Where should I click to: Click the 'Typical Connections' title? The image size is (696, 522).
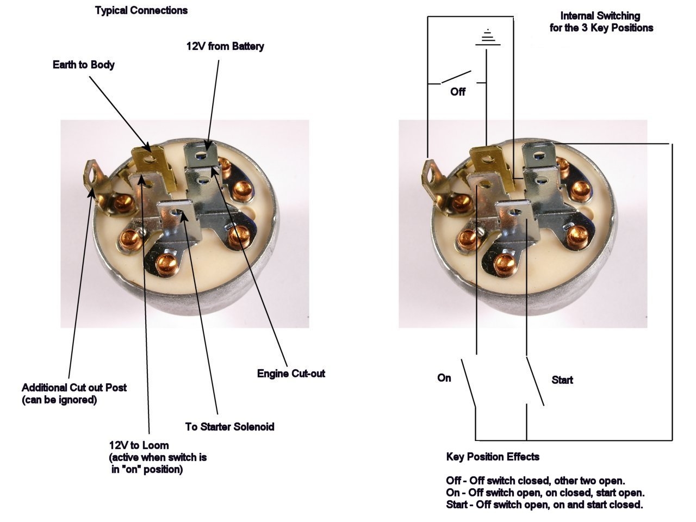(141, 10)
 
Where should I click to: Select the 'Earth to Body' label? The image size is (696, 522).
(84, 65)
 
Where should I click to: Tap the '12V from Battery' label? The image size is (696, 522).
(225, 46)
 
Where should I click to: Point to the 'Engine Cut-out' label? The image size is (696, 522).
(291, 374)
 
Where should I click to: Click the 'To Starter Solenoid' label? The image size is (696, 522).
(229, 427)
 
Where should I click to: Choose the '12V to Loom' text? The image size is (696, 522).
(139, 445)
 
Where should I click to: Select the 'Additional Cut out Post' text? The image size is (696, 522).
(74, 388)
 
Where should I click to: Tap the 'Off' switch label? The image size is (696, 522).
(458, 92)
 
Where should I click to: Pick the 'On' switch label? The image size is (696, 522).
(444, 378)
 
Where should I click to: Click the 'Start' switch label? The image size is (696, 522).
(562, 380)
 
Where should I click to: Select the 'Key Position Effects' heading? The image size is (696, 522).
(493, 457)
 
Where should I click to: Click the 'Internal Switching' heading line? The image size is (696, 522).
(600, 16)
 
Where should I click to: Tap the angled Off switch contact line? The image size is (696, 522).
(456, 78)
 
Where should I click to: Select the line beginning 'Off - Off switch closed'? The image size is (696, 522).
(535, 481)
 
